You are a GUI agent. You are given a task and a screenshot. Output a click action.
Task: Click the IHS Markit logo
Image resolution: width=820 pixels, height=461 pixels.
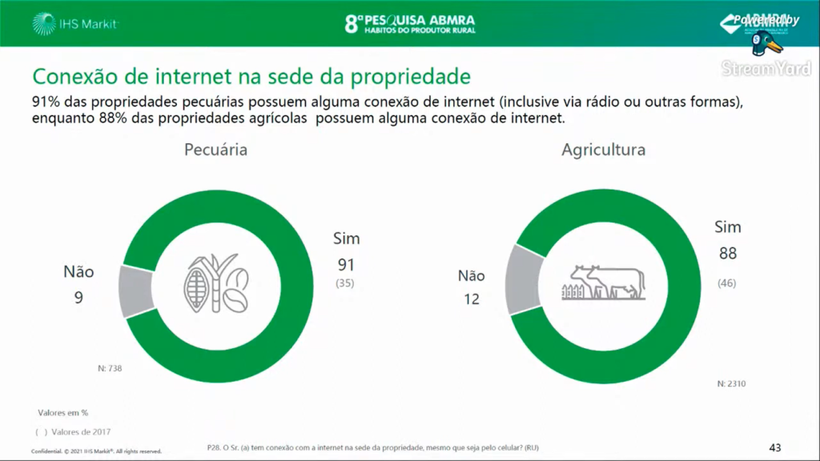(x=76, y=24)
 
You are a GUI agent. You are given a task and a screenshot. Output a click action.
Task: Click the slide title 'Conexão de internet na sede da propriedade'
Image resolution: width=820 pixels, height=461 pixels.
(x=250, y=76)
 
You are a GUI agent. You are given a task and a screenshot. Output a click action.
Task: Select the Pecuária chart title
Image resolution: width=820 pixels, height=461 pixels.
(x=215, y=150)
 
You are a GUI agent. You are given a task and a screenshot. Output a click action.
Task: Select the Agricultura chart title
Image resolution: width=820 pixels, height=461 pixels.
(x=603, y=150)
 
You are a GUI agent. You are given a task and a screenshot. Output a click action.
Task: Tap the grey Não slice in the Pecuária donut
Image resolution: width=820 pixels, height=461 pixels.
(x=136, y=290)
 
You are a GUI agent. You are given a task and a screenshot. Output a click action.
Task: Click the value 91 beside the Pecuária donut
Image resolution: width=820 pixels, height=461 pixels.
(x=346, y=264)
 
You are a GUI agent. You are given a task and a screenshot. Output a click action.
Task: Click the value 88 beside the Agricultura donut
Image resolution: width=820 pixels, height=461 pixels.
(x=727, y=254)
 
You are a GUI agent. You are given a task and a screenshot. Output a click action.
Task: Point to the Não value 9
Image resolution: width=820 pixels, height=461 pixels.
(x=79, y=298)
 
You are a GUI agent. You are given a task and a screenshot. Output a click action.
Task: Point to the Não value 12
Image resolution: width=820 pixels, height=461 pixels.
(x=471, y=299)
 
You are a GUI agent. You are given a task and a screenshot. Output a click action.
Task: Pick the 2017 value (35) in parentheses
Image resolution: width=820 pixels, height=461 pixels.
(x=346, y=284)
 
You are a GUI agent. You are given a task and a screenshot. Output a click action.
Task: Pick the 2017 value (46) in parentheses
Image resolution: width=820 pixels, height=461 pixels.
(x=727, y=283)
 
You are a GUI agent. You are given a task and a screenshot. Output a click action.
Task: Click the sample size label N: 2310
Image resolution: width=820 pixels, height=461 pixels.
(x=731, y=384)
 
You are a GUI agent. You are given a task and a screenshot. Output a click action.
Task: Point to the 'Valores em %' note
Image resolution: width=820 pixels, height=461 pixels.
(x=63, y=413)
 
